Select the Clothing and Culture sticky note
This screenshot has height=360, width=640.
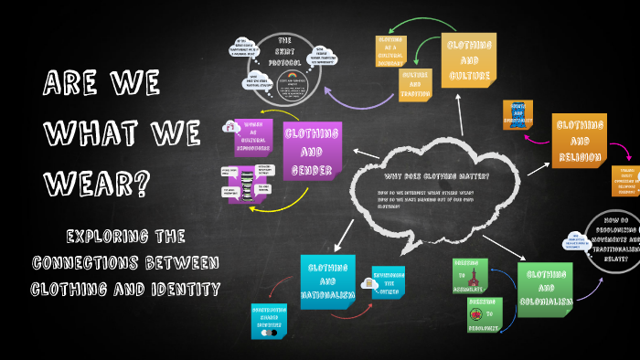(x=470, y=60)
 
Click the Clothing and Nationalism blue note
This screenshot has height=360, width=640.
(x=327, y=281)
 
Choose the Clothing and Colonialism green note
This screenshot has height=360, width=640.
(x=545, y=290)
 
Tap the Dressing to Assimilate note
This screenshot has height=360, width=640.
(x=471, y=275)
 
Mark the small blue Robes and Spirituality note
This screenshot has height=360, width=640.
(x=517, y=116)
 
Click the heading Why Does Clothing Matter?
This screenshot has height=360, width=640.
(x=436, y=176)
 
